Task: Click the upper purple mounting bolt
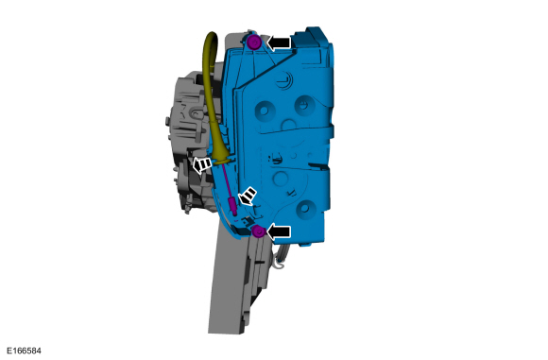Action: pyautogui.click(x=253, y=43)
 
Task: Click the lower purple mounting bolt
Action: pyautogui.click(x=259, y=231)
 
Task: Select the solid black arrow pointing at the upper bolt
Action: pyautogui.click(x=279, y=43)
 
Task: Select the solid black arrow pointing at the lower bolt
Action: pyautogui.click(x=279, y=231)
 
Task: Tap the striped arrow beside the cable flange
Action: pyautogui.click(x=202, y=164)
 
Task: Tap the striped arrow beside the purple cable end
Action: pyautogui.click(x=248, y=196)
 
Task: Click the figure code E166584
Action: pyautogui.click(x=24, y=351)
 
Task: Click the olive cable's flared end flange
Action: pyautogui.click(x=222, y=161)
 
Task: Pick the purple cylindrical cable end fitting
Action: pyautogui.click(x=232, y=207)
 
